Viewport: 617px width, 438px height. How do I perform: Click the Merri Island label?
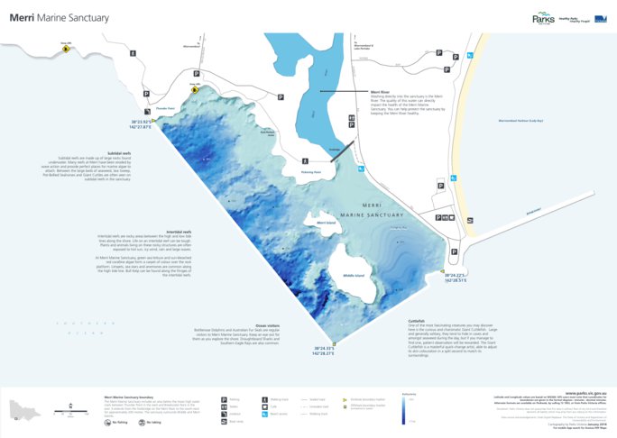327,221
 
